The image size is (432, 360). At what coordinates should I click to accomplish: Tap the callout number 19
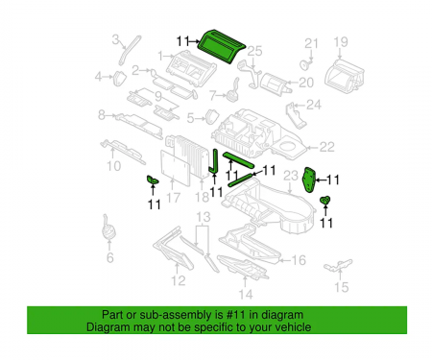pos(340,41)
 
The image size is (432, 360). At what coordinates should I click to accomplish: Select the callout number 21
pos(310,43)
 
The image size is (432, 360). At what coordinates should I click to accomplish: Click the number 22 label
pos(326,147)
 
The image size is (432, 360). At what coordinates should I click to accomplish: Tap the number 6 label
pos(108,258)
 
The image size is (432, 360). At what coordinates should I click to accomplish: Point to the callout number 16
pos(299,259)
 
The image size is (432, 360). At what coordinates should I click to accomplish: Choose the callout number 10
pos(113,165)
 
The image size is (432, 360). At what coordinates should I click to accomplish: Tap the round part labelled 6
pos(108,232)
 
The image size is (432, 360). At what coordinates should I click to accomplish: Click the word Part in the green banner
pos(112,315)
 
